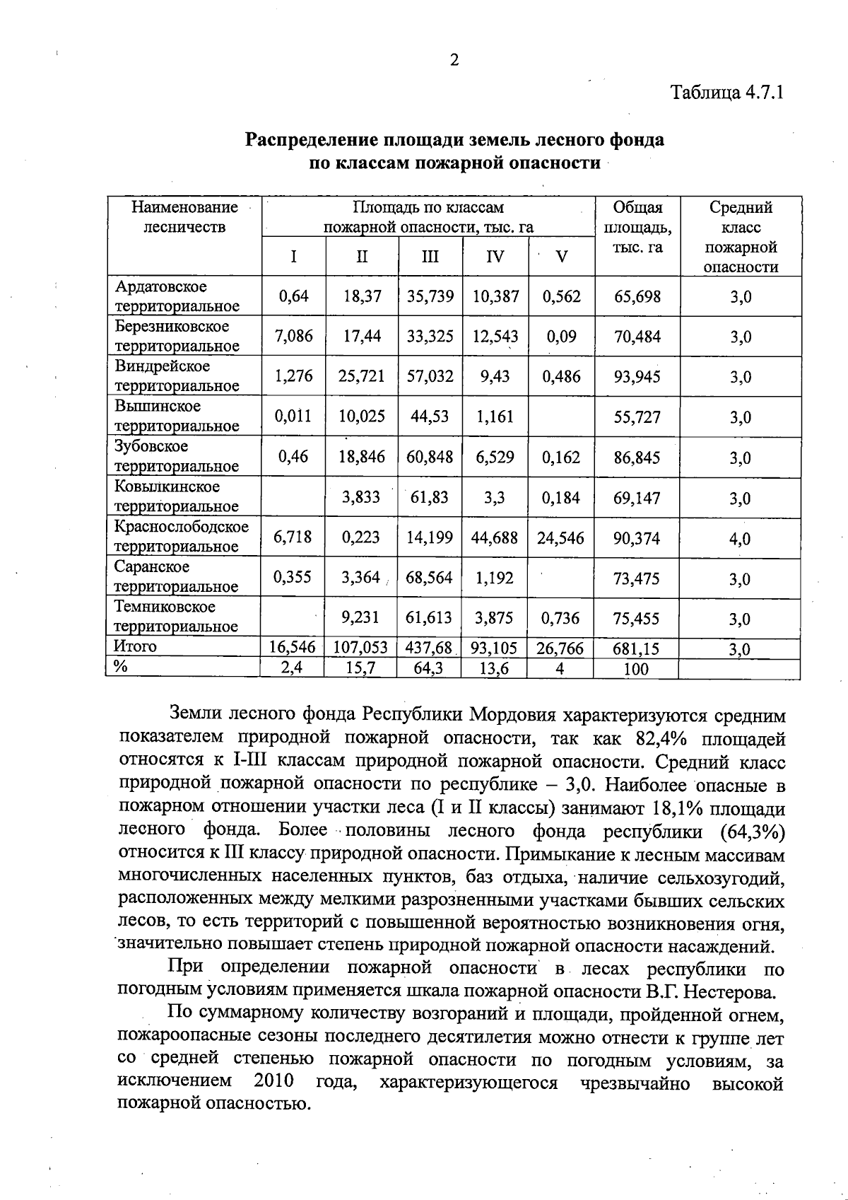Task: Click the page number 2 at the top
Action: tap(454, 60)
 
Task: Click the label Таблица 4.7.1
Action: tap(727, 93)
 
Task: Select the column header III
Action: tap(430, 257)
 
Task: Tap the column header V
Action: tap(562, 257)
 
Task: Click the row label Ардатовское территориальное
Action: tap(177, 296)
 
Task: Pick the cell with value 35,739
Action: tap(430, 296)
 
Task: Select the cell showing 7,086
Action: tap(293, 336)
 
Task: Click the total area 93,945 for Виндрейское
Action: tap(637, 377)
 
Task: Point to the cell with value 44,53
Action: tap(430, 416)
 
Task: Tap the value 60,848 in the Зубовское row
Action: tap(430, 458)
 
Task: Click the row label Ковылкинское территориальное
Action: tap(177, 496)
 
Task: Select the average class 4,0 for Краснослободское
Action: tap(740, 539)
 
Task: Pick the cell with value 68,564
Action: tap(430, 578)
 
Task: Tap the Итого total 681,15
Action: tap(637, 649)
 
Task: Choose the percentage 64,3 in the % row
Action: tap(428, 668)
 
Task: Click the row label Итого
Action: tap(135, 646)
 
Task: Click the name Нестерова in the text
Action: tap(736, 991)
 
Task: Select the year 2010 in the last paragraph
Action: tap(273, 1081)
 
